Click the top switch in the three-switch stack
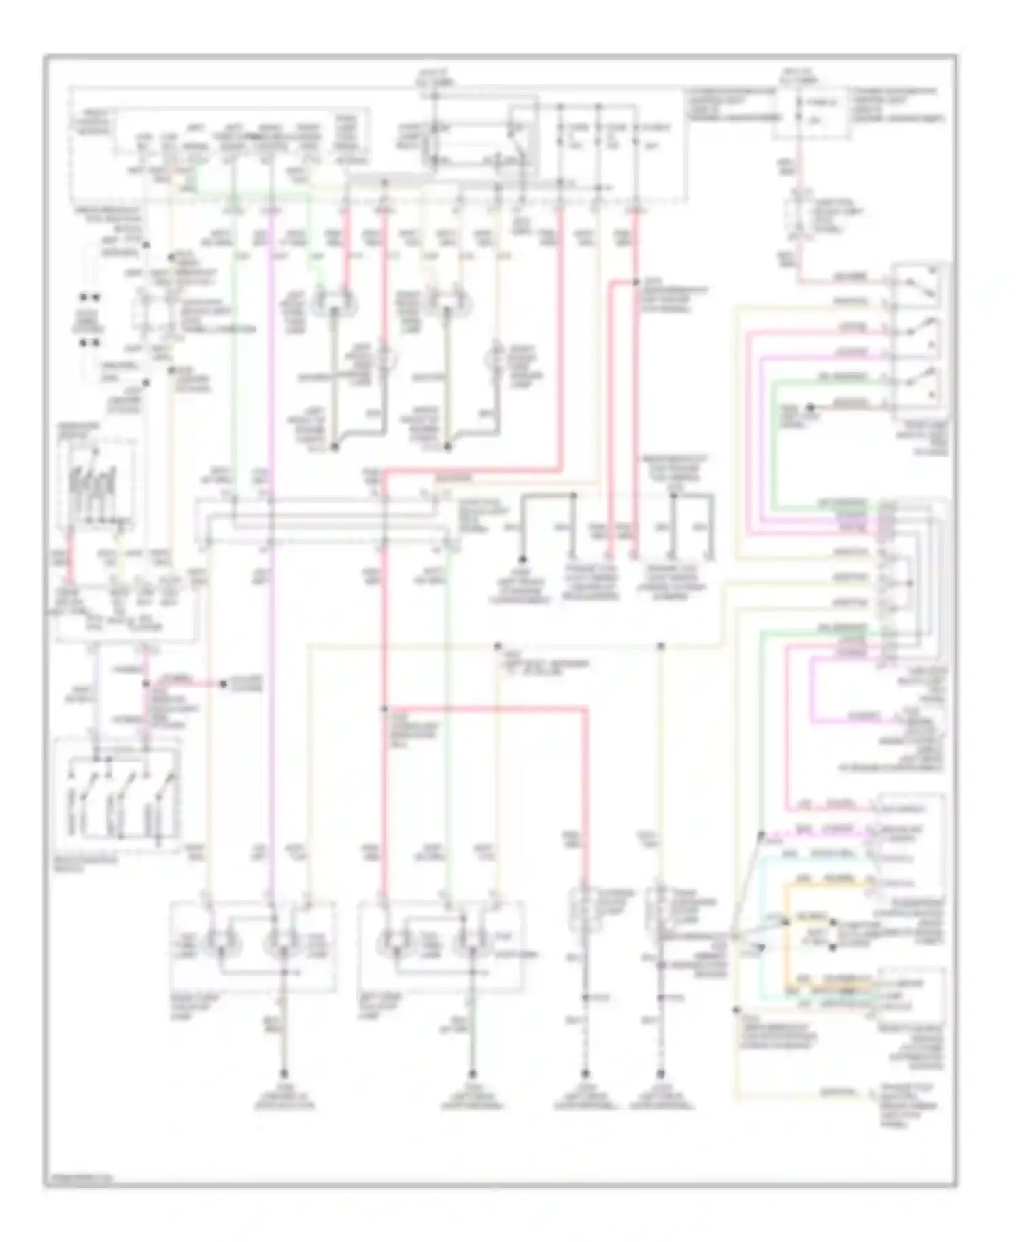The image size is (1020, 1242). point(919,285)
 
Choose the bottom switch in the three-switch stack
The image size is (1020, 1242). point(919,384)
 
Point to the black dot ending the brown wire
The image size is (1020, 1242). point(810,408)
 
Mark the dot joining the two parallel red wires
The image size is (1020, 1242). point(637,282)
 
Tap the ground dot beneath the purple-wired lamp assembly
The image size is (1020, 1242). point(284,1074)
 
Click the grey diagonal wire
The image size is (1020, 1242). point(748,883)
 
